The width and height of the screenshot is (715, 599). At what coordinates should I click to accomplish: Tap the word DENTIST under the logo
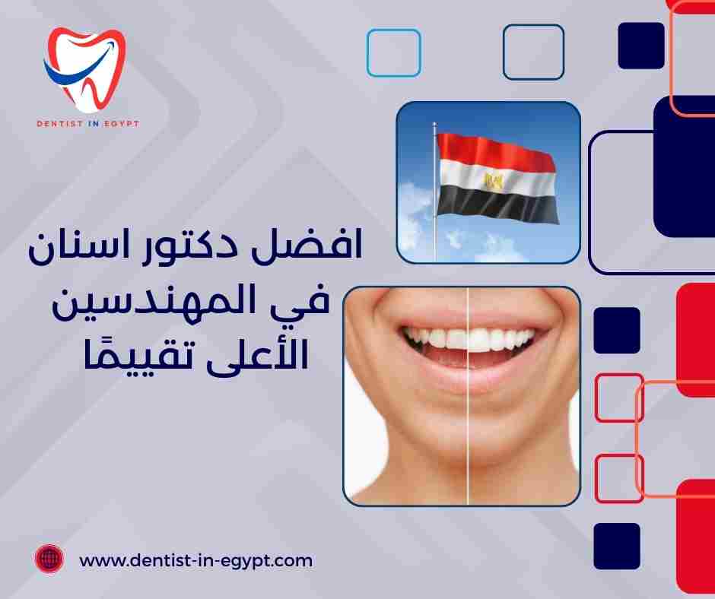(58, 123)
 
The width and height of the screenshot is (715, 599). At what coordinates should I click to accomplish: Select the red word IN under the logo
(90, 123)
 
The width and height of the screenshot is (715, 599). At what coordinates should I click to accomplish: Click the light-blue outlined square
(393, 52)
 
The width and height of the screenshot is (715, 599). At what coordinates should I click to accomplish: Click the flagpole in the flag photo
(434, 198)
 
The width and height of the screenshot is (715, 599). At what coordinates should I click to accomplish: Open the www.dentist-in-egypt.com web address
(196, 560)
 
